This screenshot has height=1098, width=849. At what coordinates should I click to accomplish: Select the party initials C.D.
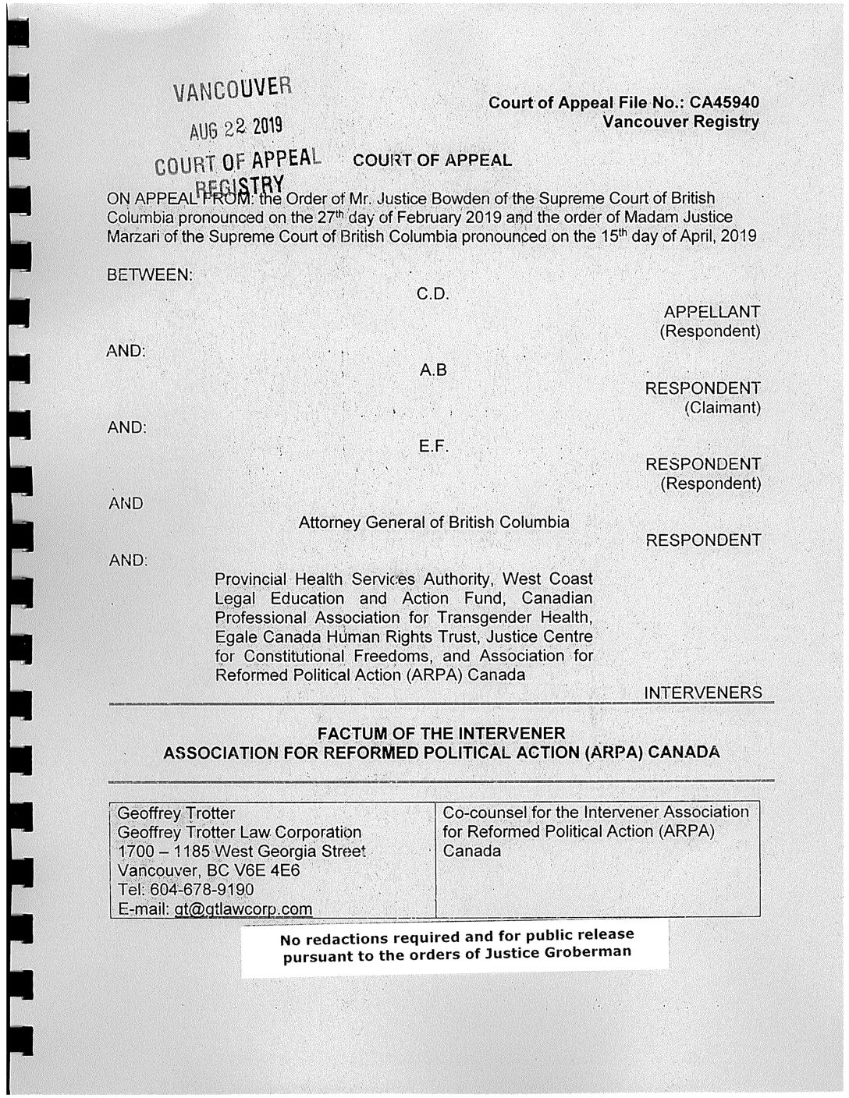(x=433, y=295)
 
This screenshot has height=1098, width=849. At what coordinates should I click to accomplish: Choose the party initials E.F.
(x=433, y=447)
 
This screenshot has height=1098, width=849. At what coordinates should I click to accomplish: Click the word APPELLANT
(x=710, y=312)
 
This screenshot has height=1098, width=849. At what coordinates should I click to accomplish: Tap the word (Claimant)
(x=722, y=408)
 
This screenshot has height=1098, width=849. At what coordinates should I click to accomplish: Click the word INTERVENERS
(x=703, y=693)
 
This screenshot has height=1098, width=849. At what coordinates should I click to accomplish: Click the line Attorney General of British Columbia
(x=433, y=522)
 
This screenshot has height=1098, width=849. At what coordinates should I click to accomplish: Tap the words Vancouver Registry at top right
(x=680, y=122)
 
